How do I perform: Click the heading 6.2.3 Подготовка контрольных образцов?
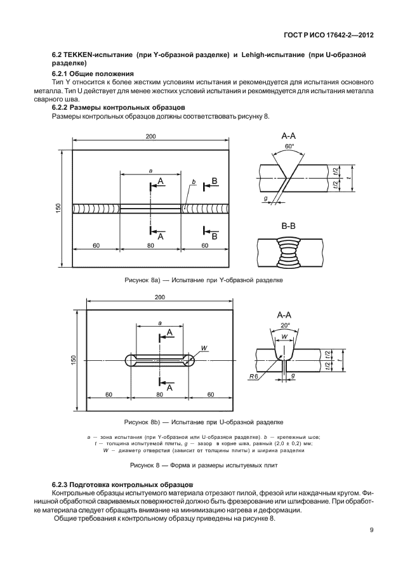(113, 483)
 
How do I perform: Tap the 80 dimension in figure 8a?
(150, 244)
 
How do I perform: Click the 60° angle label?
(290, 146)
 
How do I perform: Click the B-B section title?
(289, 225)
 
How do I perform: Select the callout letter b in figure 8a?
(192, 183)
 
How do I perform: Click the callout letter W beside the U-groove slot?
(204, 348)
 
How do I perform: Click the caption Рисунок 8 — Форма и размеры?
(204, 465)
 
